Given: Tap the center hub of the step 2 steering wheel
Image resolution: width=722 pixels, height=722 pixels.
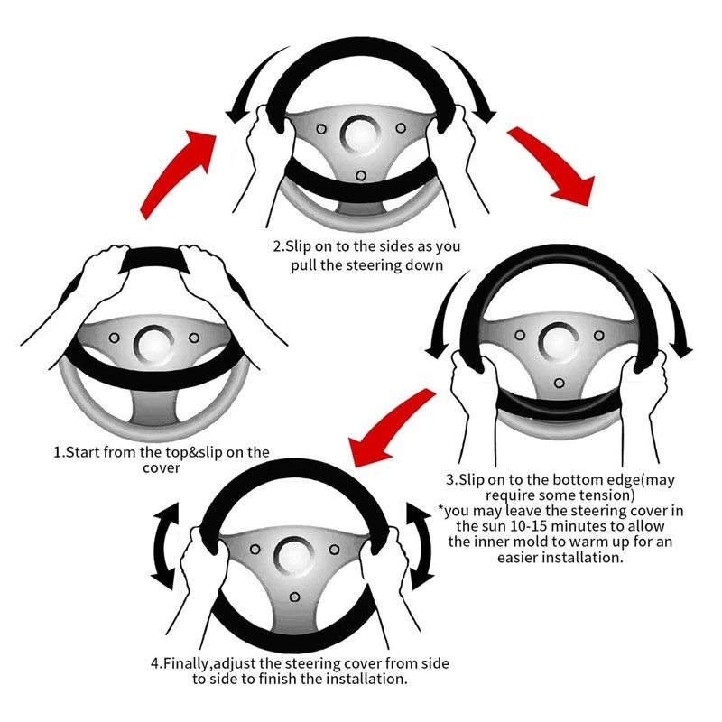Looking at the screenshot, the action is pos(360,134).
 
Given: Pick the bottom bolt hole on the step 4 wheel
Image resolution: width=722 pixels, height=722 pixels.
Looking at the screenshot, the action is pos(294,597).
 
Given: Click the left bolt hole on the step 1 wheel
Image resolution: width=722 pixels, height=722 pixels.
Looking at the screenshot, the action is pos(115,339).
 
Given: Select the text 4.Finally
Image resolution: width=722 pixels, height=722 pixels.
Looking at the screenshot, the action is pos(189,663).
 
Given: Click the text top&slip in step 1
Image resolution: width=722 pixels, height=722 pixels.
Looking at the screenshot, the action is pos(190,452).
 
